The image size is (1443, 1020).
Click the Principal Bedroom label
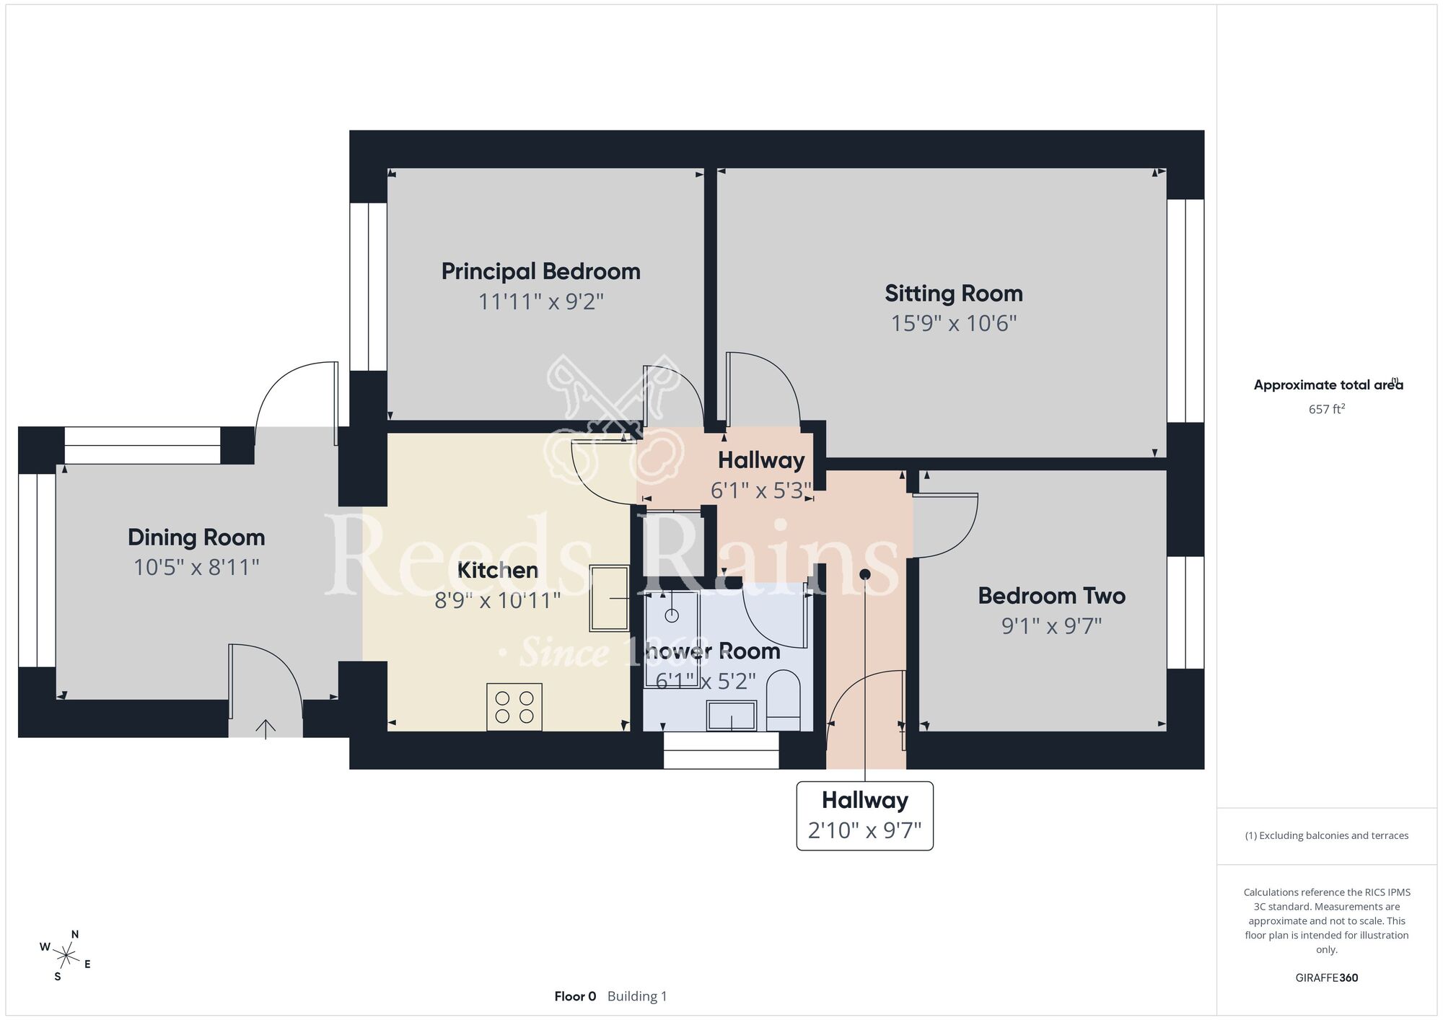540,271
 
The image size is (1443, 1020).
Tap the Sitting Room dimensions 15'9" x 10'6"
953,322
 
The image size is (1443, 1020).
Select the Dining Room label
196,537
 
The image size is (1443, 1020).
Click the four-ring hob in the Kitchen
514,707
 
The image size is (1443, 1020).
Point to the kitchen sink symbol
609,598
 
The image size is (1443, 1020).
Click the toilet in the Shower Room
783,700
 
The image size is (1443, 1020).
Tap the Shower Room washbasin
732,716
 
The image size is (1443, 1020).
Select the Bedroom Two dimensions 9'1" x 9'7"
1051,625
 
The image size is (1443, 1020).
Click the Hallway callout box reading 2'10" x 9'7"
864,816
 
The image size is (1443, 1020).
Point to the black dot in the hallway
864,574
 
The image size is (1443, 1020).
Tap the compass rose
66,957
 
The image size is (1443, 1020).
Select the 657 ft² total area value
1326,409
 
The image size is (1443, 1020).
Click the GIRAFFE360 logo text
1326,978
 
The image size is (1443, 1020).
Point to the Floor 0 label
575,996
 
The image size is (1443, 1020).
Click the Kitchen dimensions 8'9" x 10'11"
497,600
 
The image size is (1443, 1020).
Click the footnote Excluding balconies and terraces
1326,835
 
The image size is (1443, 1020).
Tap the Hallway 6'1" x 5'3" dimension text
761,491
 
